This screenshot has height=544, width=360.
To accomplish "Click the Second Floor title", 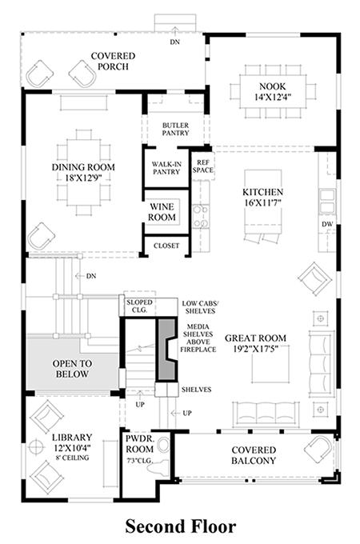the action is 180,526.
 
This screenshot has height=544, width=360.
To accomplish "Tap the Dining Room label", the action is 83,167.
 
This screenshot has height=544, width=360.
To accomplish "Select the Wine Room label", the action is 162,212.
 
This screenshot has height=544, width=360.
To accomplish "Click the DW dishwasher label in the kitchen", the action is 327,224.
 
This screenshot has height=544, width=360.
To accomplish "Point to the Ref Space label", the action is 203,166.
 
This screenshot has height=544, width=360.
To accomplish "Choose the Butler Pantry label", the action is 175,129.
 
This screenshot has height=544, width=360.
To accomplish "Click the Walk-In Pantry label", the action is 166,168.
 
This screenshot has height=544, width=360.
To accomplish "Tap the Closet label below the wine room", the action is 166,246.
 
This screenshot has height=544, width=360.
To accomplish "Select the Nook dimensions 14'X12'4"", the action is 273,97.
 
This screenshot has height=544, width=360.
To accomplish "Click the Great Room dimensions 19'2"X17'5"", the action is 256,349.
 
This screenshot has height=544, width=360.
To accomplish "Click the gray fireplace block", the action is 167,350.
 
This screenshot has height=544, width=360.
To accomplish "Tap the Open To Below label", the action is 72,369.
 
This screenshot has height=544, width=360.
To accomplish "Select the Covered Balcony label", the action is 254,455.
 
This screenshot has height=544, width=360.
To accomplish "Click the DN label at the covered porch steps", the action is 175,42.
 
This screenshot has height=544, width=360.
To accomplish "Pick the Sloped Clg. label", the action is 139,306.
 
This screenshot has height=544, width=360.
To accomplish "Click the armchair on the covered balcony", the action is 318,449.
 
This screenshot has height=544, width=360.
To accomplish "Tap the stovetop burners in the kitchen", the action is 201,216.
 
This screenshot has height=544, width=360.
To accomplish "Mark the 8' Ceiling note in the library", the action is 72,458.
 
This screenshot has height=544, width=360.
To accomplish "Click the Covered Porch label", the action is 113,61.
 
